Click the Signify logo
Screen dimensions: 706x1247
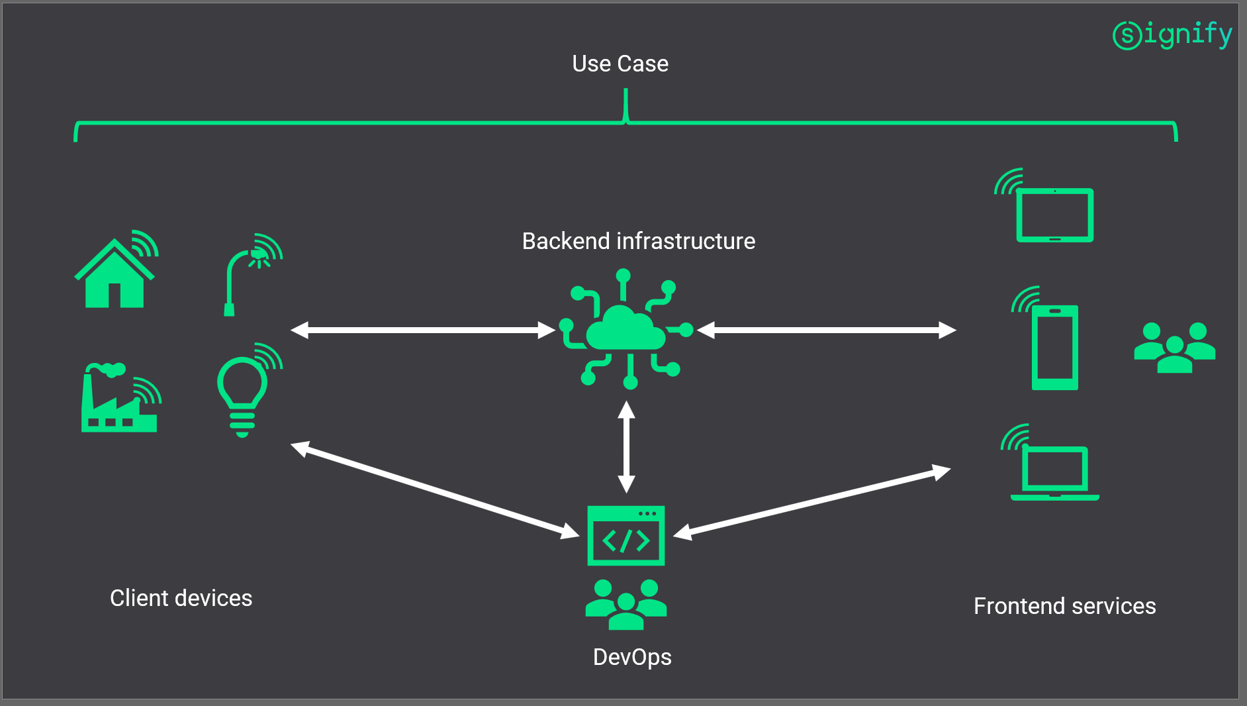1172,34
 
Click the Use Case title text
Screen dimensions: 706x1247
620,64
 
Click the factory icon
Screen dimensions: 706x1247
119,401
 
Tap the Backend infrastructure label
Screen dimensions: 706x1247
638,241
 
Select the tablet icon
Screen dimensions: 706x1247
1054,213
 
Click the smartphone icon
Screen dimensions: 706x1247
1054,346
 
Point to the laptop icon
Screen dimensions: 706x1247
1054,472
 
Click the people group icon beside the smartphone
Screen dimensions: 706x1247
1174,348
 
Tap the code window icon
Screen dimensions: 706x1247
625,536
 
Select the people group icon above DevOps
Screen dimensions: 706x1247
625,604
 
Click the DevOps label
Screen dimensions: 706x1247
632,657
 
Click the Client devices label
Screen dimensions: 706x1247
181,598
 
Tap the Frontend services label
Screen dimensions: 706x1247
1064,606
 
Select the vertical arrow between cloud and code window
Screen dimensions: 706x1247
626,447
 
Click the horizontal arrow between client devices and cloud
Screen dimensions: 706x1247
423,330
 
